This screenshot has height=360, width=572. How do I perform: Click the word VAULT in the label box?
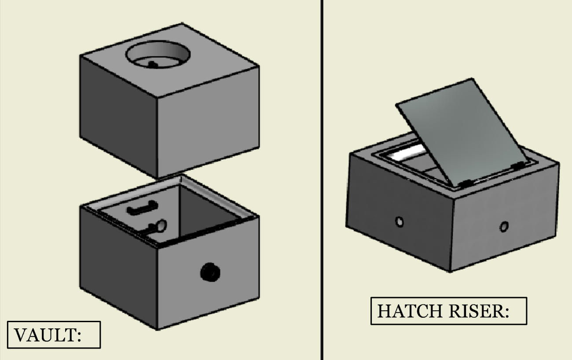(x=45, y=335)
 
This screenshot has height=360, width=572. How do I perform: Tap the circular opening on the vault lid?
(x=158, y=55)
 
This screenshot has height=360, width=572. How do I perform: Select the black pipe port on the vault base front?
(x=210, y=272)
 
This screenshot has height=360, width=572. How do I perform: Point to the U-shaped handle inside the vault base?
(x=143, y=208)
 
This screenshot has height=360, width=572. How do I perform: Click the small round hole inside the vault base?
(x=162, y=226)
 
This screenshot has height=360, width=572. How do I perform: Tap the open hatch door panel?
(x=462, y=132)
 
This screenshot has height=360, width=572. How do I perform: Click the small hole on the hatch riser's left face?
(x=400, y=222)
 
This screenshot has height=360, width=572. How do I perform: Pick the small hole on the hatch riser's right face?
(x=504, y=227)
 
